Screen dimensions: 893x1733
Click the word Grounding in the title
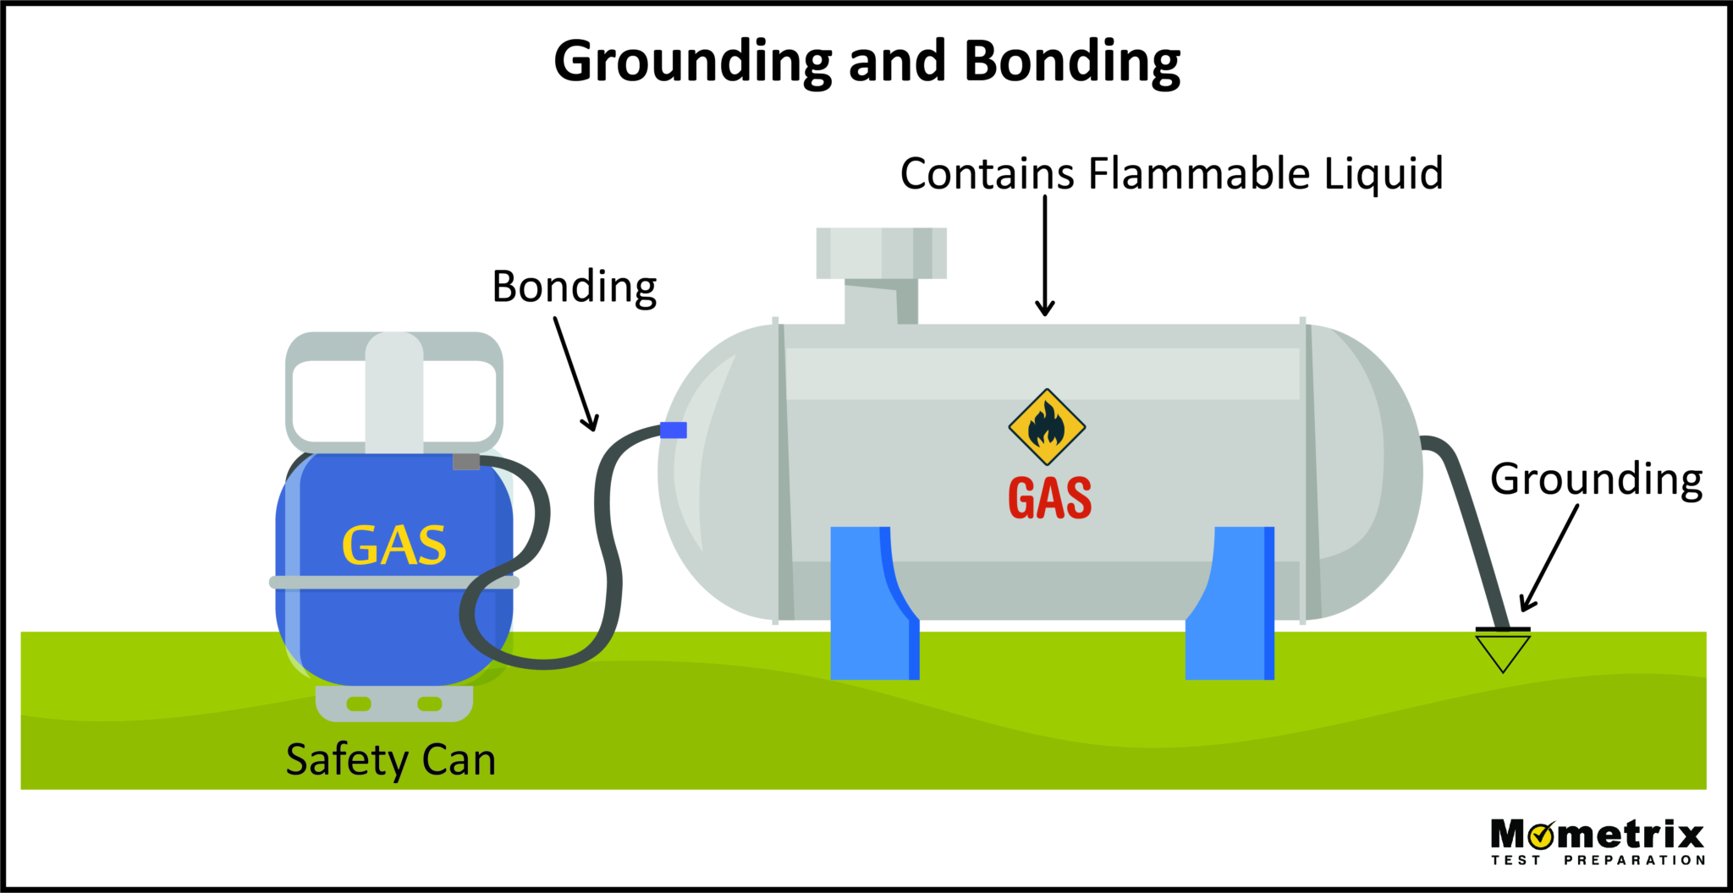[692, 62]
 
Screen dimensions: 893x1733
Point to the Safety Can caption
[390, 759]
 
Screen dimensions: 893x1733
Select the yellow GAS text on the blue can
[394, 545]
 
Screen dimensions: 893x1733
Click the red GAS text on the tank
[1049, 498]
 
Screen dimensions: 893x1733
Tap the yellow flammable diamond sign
[1047, 427]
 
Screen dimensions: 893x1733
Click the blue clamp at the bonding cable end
[674, 430]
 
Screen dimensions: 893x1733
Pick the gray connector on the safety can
[466, 462]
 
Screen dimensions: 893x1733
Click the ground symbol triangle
[1503, 651]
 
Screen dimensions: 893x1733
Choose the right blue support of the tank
[1231, 603]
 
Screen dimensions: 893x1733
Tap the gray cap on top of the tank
[881, 253]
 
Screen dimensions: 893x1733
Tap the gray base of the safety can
[394, 704]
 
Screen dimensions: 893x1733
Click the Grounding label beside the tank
[1596, 479]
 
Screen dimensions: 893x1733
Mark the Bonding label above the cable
[575, 287]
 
